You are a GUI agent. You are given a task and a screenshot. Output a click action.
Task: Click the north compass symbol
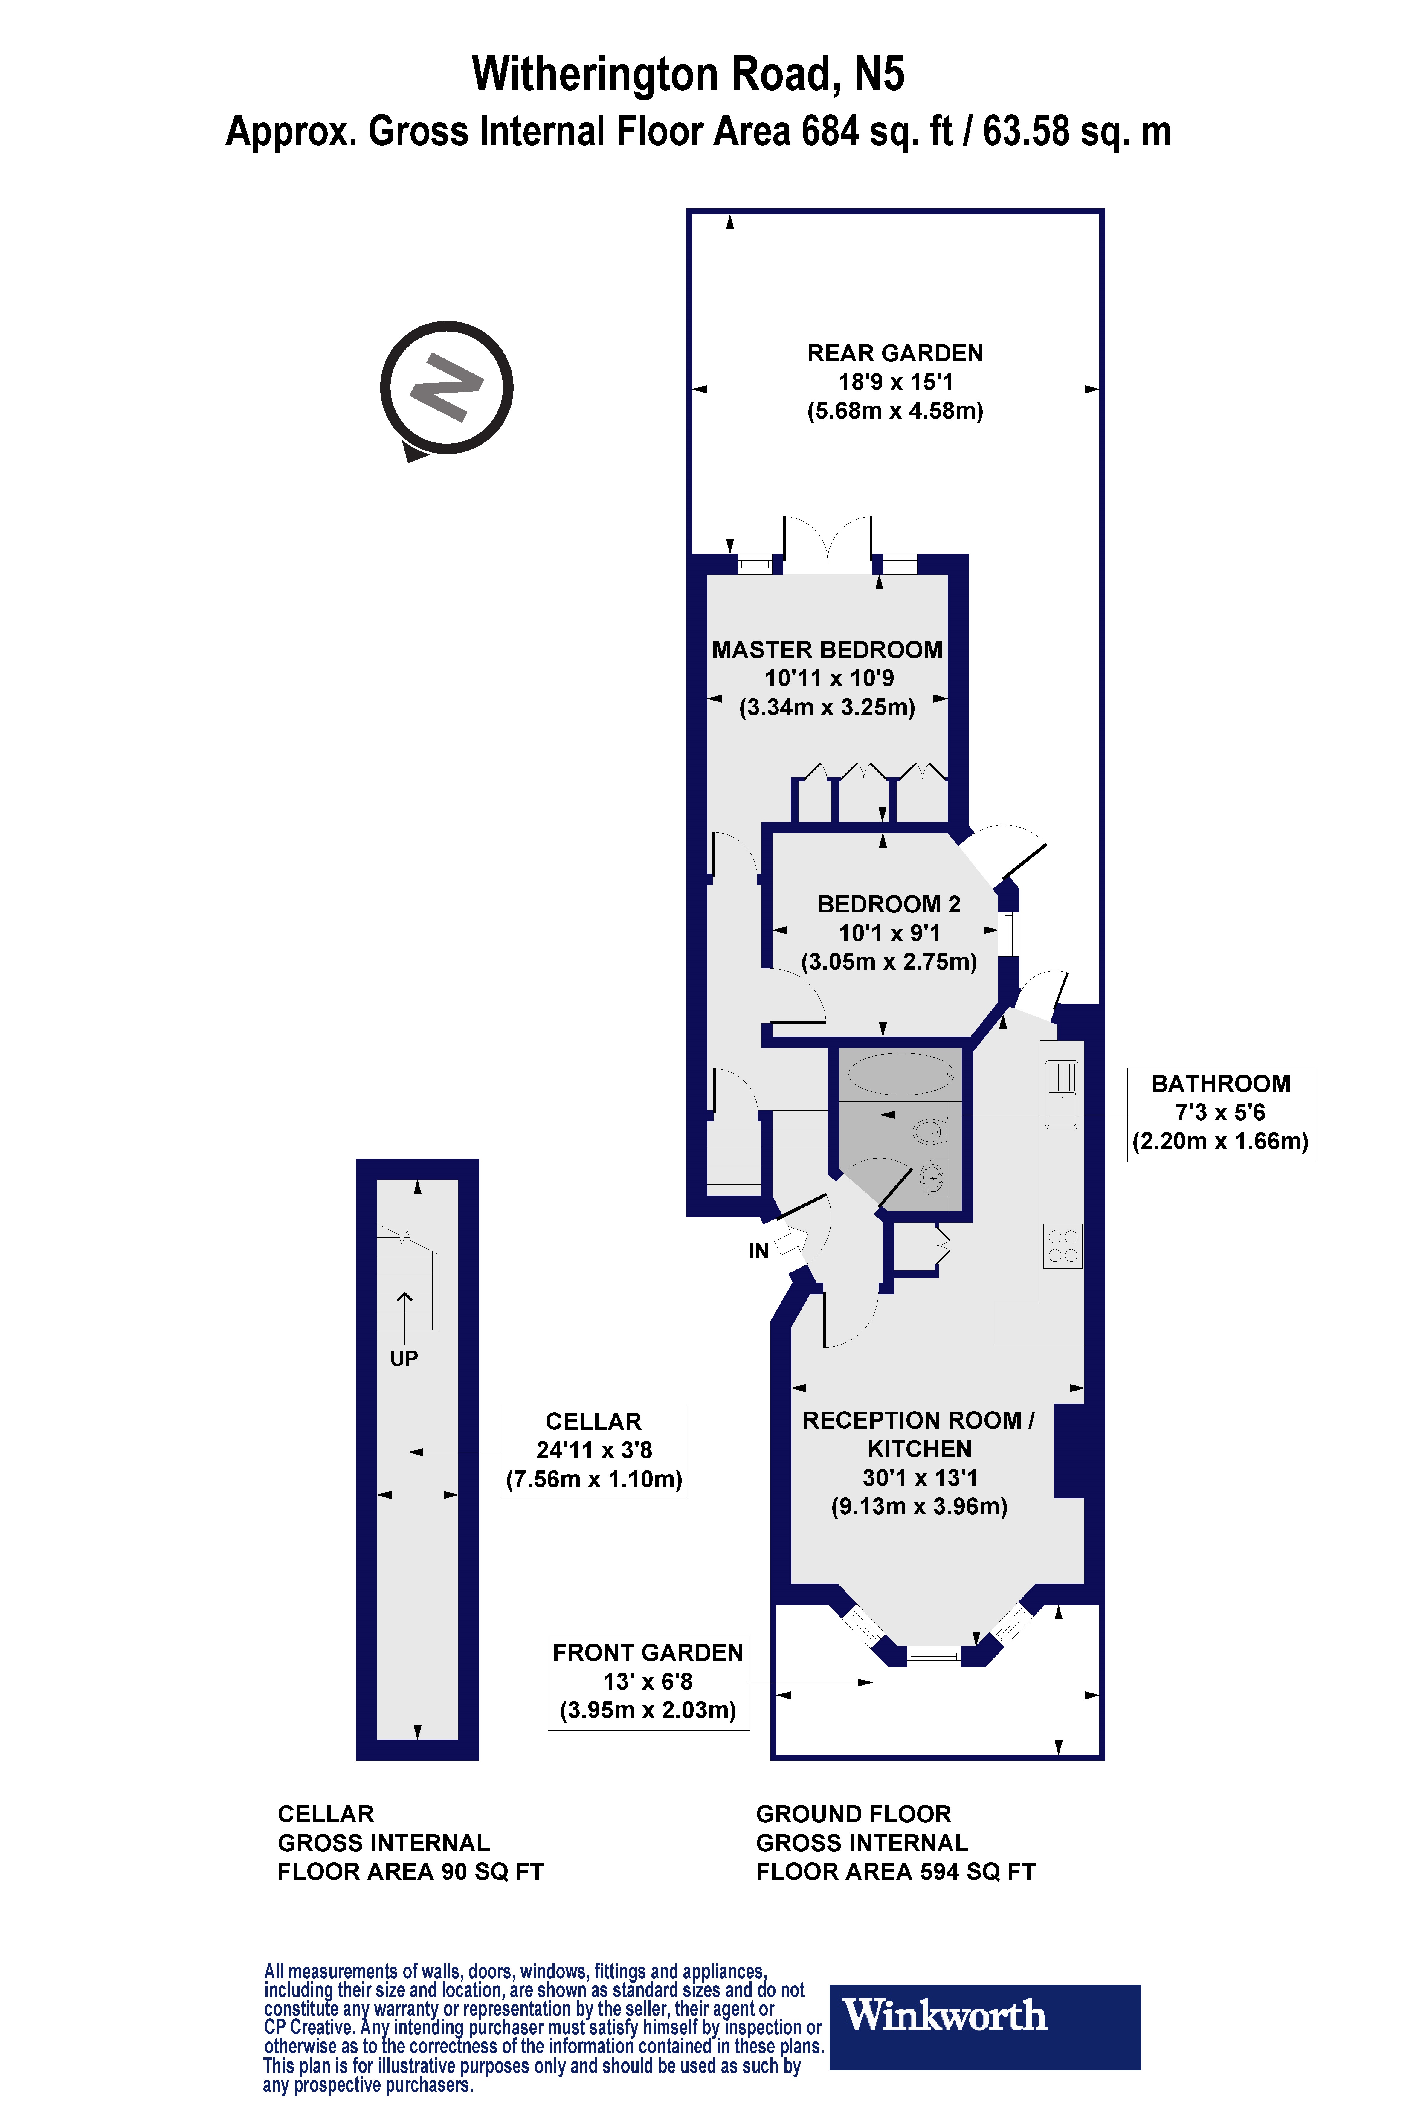point(447,388)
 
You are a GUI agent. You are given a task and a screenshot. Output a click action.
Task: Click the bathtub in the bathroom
point(900,1073)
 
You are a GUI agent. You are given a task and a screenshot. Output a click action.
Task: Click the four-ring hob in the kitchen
point(1063,1246)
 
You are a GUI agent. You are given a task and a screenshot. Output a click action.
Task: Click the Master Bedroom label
point(827,650)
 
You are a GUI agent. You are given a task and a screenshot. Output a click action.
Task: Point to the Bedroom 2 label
point(889,904)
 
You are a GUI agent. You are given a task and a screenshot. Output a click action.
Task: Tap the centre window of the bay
point(934,1655)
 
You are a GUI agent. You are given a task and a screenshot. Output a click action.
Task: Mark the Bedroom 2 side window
point(1009,934)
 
